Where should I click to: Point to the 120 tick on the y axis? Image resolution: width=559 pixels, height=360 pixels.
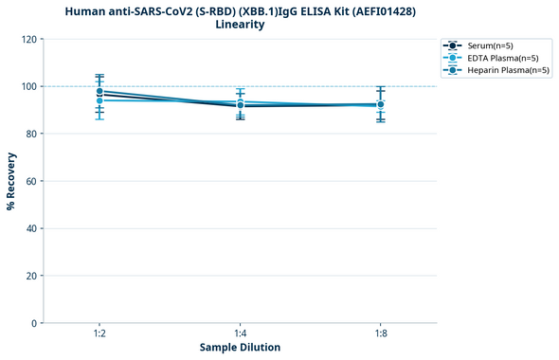tap(28, 39)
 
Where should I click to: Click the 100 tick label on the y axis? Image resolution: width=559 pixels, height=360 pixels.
tap(28, 86)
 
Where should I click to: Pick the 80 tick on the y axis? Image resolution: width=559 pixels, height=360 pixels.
tap(31, 134)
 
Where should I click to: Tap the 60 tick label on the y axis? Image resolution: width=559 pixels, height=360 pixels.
tap(31, 181)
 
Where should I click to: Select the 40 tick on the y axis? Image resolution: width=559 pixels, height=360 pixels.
tap(31, 228)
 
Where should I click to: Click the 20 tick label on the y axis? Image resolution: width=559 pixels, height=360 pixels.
tap(31, 276)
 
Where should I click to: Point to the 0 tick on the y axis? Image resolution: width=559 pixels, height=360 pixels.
tap(34, 323)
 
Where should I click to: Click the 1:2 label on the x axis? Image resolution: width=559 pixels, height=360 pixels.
tap(99, 333)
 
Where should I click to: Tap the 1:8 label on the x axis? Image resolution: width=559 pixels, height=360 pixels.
tap(381, 333)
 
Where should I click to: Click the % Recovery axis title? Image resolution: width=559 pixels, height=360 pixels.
tap(11, 181)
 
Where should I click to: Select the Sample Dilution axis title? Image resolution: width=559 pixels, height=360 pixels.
tap(240, 348)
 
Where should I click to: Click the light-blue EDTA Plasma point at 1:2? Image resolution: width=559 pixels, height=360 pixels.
tap(99, 100)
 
